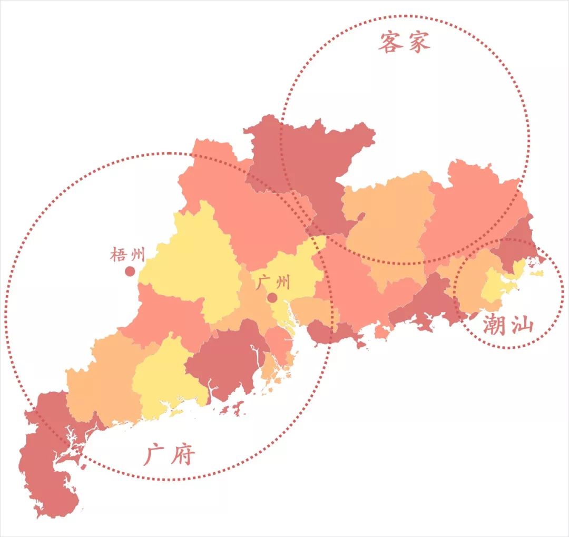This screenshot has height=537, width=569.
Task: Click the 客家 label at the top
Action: tap(404, 42)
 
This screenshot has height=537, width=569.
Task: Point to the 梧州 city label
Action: tap(127, 256)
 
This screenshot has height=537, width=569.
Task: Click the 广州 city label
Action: tap(273, 283)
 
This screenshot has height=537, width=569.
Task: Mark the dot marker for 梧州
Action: tap(130, 271)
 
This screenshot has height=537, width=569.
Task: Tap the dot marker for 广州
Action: tap(272, 298)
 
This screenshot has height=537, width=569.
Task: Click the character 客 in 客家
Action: tap(390, 42)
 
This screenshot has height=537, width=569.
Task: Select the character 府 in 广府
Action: tap(182, 455)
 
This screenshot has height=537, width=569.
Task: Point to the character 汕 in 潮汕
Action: tap(522, 326)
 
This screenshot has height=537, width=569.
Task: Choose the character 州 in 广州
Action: tap(282, 283)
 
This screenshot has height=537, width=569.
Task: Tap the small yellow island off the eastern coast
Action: tap(537, 274)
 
